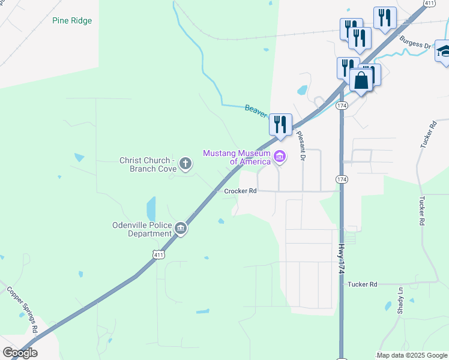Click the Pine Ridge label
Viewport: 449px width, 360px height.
[x=72, y=20]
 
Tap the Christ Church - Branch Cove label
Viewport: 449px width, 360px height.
[x=148, y=164]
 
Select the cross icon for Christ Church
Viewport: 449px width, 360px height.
[x=186, y=162]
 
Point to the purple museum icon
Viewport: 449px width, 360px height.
[x=280, y=157]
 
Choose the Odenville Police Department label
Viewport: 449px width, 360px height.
[x=142, y=229]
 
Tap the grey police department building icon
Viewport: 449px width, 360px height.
[x=181, y=227]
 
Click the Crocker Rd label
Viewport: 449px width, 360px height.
[x=240, y=191]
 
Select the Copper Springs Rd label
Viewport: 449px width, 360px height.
[x=22, y=310]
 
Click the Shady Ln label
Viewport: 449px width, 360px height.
[x=400, y=300]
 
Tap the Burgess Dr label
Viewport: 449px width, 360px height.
[x=415, y=43]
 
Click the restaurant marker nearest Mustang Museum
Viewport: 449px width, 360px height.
[x=280, y=124]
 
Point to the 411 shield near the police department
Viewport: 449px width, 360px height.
[x=158, y=254]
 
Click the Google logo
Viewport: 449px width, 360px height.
[x=20, y=353]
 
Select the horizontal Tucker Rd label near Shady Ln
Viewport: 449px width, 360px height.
[x=362, y=284]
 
